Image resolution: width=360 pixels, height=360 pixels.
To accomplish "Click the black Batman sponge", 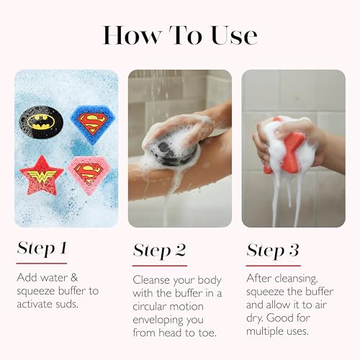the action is click(41, 122).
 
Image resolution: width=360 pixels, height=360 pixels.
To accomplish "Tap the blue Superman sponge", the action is click(93, 124).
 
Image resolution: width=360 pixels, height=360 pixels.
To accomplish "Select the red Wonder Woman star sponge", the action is click(42, 176).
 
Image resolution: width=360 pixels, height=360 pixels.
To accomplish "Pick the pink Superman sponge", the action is click(89, 174).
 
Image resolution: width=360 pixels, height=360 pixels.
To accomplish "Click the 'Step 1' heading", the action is click(42, 248).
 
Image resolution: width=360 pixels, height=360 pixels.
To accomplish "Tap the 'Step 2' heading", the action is click(159, 251).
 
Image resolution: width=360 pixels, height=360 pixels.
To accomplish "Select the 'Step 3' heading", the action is click(273, 251).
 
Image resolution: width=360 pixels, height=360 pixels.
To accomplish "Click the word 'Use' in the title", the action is click(234, 35).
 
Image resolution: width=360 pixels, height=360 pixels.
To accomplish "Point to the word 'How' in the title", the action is click(131, 35).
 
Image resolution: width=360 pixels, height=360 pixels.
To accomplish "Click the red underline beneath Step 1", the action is click(42, 264).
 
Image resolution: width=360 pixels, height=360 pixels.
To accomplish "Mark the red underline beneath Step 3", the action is click(274, 266).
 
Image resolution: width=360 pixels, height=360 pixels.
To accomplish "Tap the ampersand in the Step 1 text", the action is click(74, 278).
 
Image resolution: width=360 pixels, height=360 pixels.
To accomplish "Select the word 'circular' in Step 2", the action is click(149, 307).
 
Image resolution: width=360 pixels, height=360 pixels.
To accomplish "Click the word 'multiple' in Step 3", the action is click(262, 332).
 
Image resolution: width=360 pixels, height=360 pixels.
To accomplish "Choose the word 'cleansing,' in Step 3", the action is click(297, 279).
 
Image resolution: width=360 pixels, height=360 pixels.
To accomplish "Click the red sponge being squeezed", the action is click(289, 149).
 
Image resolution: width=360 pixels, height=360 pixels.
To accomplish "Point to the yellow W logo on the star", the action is click(42, 176).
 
